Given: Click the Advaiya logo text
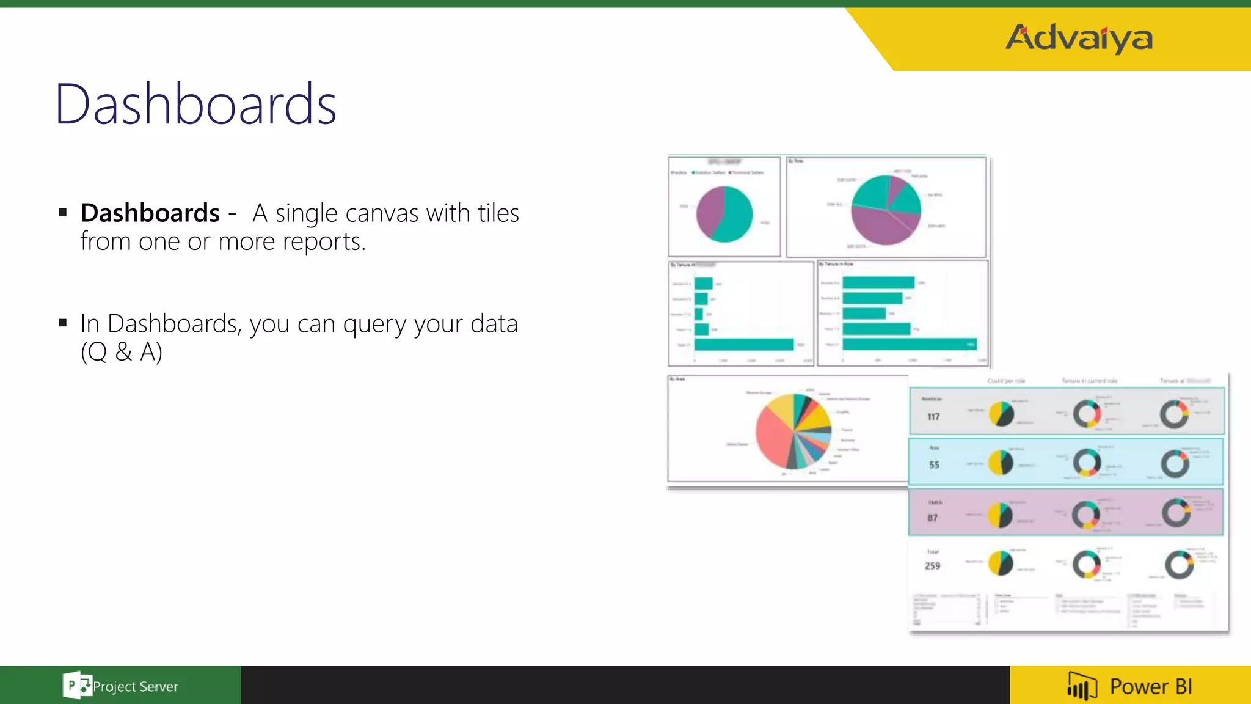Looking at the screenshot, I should pos(1079,38).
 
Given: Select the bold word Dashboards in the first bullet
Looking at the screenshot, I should pos(150,213).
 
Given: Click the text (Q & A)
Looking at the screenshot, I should pos(122,351).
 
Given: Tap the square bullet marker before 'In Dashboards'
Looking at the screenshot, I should pos(62,323).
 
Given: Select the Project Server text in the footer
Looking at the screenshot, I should pos(136,686).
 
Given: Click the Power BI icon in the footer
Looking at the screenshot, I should pos(1082,686).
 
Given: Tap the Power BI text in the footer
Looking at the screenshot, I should pos(1151,686).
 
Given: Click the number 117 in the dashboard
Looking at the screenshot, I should pos(933,417).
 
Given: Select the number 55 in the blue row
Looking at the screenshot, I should pos(934,464).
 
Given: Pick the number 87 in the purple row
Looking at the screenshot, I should pos(933,518).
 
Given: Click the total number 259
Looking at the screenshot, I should pos(932,566).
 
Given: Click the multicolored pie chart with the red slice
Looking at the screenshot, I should pos(793,431).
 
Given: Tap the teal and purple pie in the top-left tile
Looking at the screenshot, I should pos(724,214).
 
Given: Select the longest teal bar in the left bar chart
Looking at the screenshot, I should pos(744,345).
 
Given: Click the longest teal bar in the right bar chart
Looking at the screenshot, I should pos(910,344).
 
